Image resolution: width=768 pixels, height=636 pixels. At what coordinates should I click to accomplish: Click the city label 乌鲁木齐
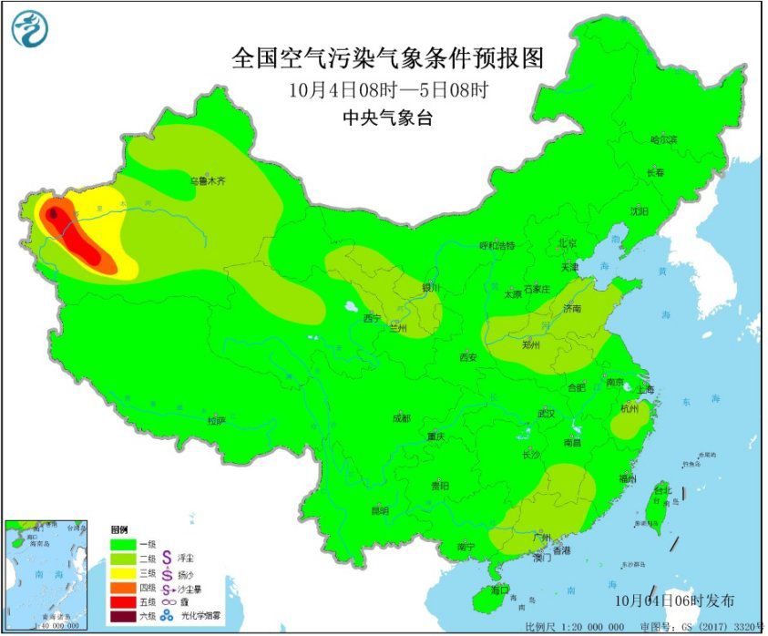[x=208, y=181]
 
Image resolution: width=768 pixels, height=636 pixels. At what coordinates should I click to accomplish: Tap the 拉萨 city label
[x=215, y=421]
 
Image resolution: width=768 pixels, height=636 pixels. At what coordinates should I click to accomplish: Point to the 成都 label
[x=401, y=418]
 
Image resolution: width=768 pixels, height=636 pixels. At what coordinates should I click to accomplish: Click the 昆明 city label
[x=380, y=511]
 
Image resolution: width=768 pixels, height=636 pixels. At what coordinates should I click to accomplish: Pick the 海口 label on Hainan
[x=500, y=590]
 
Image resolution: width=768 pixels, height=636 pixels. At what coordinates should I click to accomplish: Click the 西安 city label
[x=467, y=358]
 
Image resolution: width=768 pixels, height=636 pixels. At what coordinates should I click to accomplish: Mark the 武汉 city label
[x=547, y=413]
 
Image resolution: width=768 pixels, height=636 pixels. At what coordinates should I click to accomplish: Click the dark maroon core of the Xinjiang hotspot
[x=54, y=215]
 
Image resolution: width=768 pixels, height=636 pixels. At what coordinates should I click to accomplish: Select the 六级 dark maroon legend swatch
[x=124, y=617]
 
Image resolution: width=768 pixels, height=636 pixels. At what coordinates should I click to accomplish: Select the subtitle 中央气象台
[x=387, y=116]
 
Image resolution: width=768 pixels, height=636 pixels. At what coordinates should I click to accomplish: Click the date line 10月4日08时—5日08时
[x=387, y=90]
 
